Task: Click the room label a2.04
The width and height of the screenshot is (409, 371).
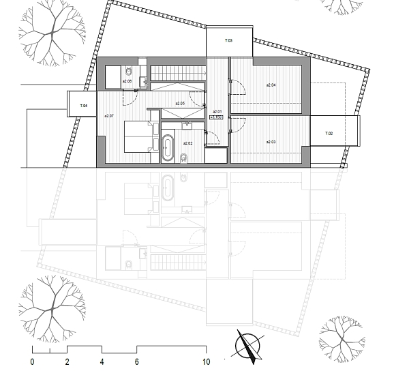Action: tap(269, 85)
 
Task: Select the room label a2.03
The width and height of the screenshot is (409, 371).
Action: tap(269, 142)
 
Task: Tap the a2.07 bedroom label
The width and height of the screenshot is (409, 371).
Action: tap(109, 116)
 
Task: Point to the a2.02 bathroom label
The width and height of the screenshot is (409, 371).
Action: tap(188, 143)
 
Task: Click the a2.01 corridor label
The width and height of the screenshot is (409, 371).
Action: tap(217, 111)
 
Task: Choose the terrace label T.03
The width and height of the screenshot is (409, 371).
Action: tap(229, 42)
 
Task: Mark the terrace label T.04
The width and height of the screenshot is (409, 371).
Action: tap(83, 106)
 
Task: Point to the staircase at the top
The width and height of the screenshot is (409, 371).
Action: tap(177, 72)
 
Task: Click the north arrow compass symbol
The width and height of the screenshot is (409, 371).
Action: tap(247, 344)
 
